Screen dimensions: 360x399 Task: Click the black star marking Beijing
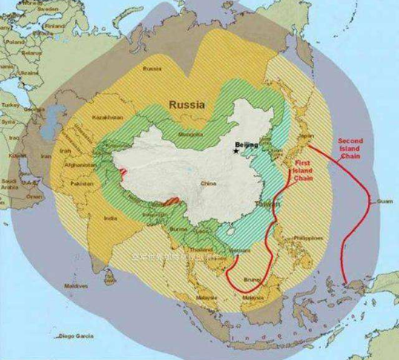[237, 151]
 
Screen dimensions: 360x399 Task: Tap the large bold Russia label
[186, 105]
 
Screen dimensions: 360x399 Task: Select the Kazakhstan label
[107, 118]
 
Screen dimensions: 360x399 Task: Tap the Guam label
[383, 200]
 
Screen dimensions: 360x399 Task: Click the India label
[110, 218]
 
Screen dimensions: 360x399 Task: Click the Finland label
[55, 24]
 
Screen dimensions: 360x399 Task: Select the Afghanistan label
[79, 165]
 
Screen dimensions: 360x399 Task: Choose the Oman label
[34, 197]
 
